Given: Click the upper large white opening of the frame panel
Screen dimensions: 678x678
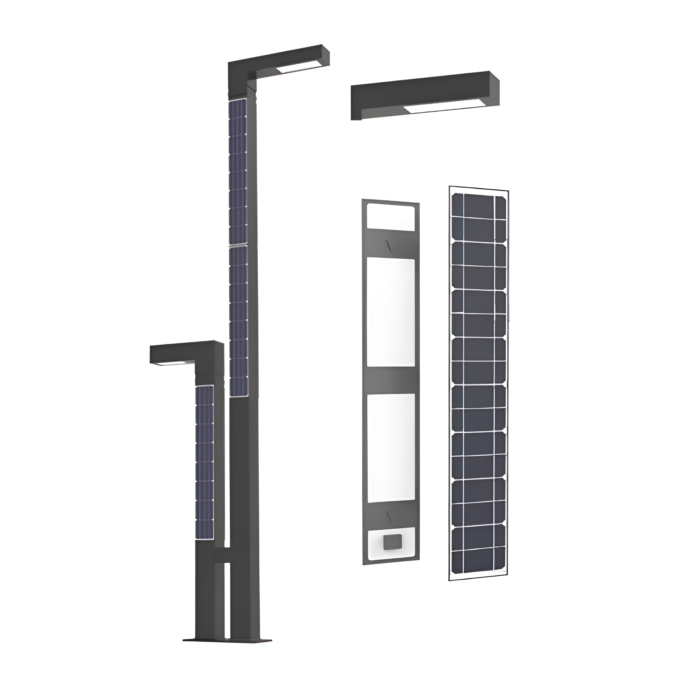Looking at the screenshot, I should (391, 313).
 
